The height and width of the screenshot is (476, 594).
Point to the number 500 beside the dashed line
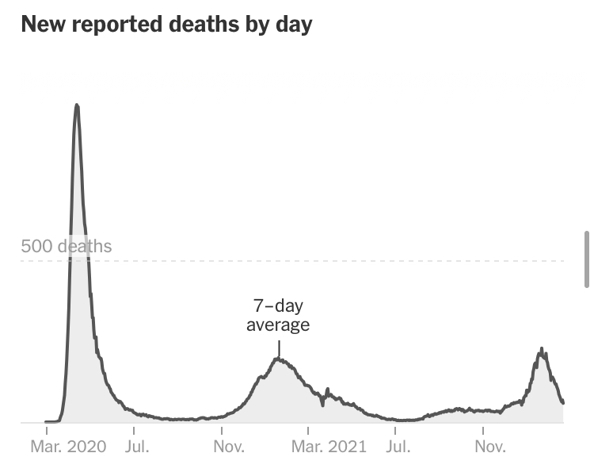pyautogui.click(x=36, y=246)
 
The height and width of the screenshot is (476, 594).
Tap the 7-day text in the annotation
pyautogui.click(x=278, y=306)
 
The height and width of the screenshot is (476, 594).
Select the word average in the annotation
pyautogui.click(x=278, y=324)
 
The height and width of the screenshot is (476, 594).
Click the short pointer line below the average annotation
pyautogui.click(x=279, y=349)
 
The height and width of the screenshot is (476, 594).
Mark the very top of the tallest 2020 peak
pyautogui.click(x=77, y=105)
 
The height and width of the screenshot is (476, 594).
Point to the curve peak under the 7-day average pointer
pyautogui.click(x=279, y=359)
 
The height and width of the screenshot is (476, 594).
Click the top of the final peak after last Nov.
pyautogui.click(x=542, y=348)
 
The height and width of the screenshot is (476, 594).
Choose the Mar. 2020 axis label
pyautogui.click(x=67, y=446)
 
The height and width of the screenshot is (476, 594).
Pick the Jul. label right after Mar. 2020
pyautogui.click(x=138, y=446)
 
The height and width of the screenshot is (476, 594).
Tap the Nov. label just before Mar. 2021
pyautogui.click(x=228, y=446)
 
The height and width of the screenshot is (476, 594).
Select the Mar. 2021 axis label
pyautogui.click(x=329, y=446)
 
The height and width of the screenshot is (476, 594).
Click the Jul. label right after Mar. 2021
pyautogui.click(x=398, y=446)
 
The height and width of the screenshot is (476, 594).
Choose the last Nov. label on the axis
pyautogui.click(x=489, y=446)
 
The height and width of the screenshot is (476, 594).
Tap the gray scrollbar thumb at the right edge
pyautogui.click(x=586, y=259)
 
